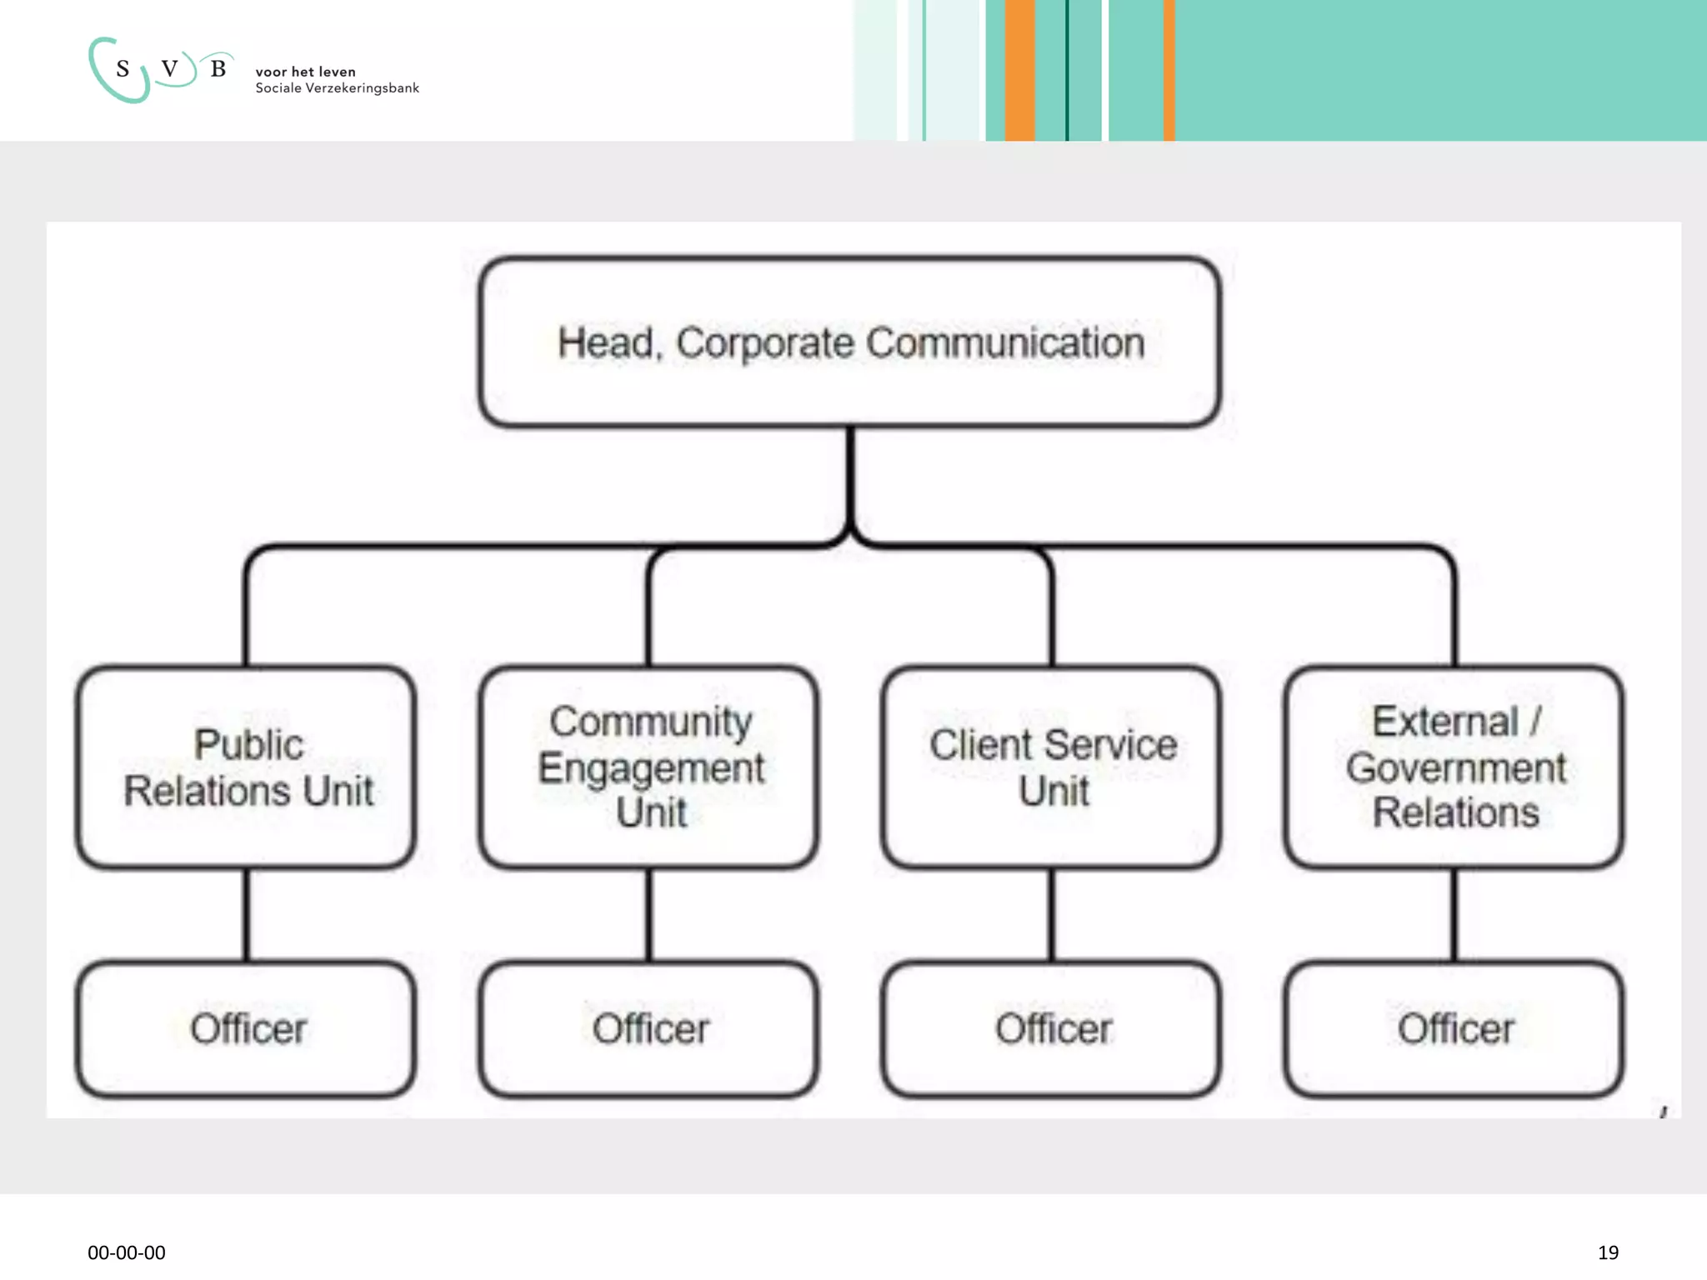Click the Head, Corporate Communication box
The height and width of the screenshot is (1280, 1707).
pyautogui.click(x=850, y=342)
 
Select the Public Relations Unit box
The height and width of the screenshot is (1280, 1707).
pyautogui.click(x=247, y=767)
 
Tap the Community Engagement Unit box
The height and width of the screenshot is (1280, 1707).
pyautogui.click(x=649, y=767)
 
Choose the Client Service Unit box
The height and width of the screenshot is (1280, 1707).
pyautogui.click(x=1052, y=767)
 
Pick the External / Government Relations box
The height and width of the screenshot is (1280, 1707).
pyautogui.click(x=1454, y=767)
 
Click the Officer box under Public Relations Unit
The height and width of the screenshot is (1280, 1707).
pyautogui.click(x=247, y=1029)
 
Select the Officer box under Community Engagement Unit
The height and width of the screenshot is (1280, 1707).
pyautogui.click(x=649, y=1029)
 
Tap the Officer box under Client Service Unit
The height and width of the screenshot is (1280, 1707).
pyautogui.click(x=1052, y=1029)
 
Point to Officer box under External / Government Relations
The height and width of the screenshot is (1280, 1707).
pyautogui.click(x=1454, y=1029)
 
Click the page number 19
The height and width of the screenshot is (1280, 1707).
pyautogui.click(x=1608, y=1252)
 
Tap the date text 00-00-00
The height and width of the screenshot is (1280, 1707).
pyautogui.click(x=127, y=1252)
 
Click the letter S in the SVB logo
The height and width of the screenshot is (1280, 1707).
pyautogui.click(x=123, y=69)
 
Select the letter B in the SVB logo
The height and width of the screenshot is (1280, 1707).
pyautogui.click(x=218, y=69)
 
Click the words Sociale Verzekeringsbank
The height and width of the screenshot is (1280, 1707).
pyautogui.click(x=337, y=88)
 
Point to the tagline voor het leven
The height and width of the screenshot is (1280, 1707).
pyautogui.click(x=305, y=72)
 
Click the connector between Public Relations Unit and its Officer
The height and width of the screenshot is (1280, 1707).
pyautogui.click(x=247, y=915)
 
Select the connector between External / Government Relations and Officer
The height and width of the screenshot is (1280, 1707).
pyautogui.click(x=1454, y=915)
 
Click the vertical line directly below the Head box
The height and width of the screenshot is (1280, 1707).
pyautogui.click(x=850, y=475)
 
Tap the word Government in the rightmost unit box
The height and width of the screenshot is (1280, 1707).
pyautogui.click(x=1456, y=767)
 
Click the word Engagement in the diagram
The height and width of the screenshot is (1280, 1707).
pyautogui.click(x=651, y=767)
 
